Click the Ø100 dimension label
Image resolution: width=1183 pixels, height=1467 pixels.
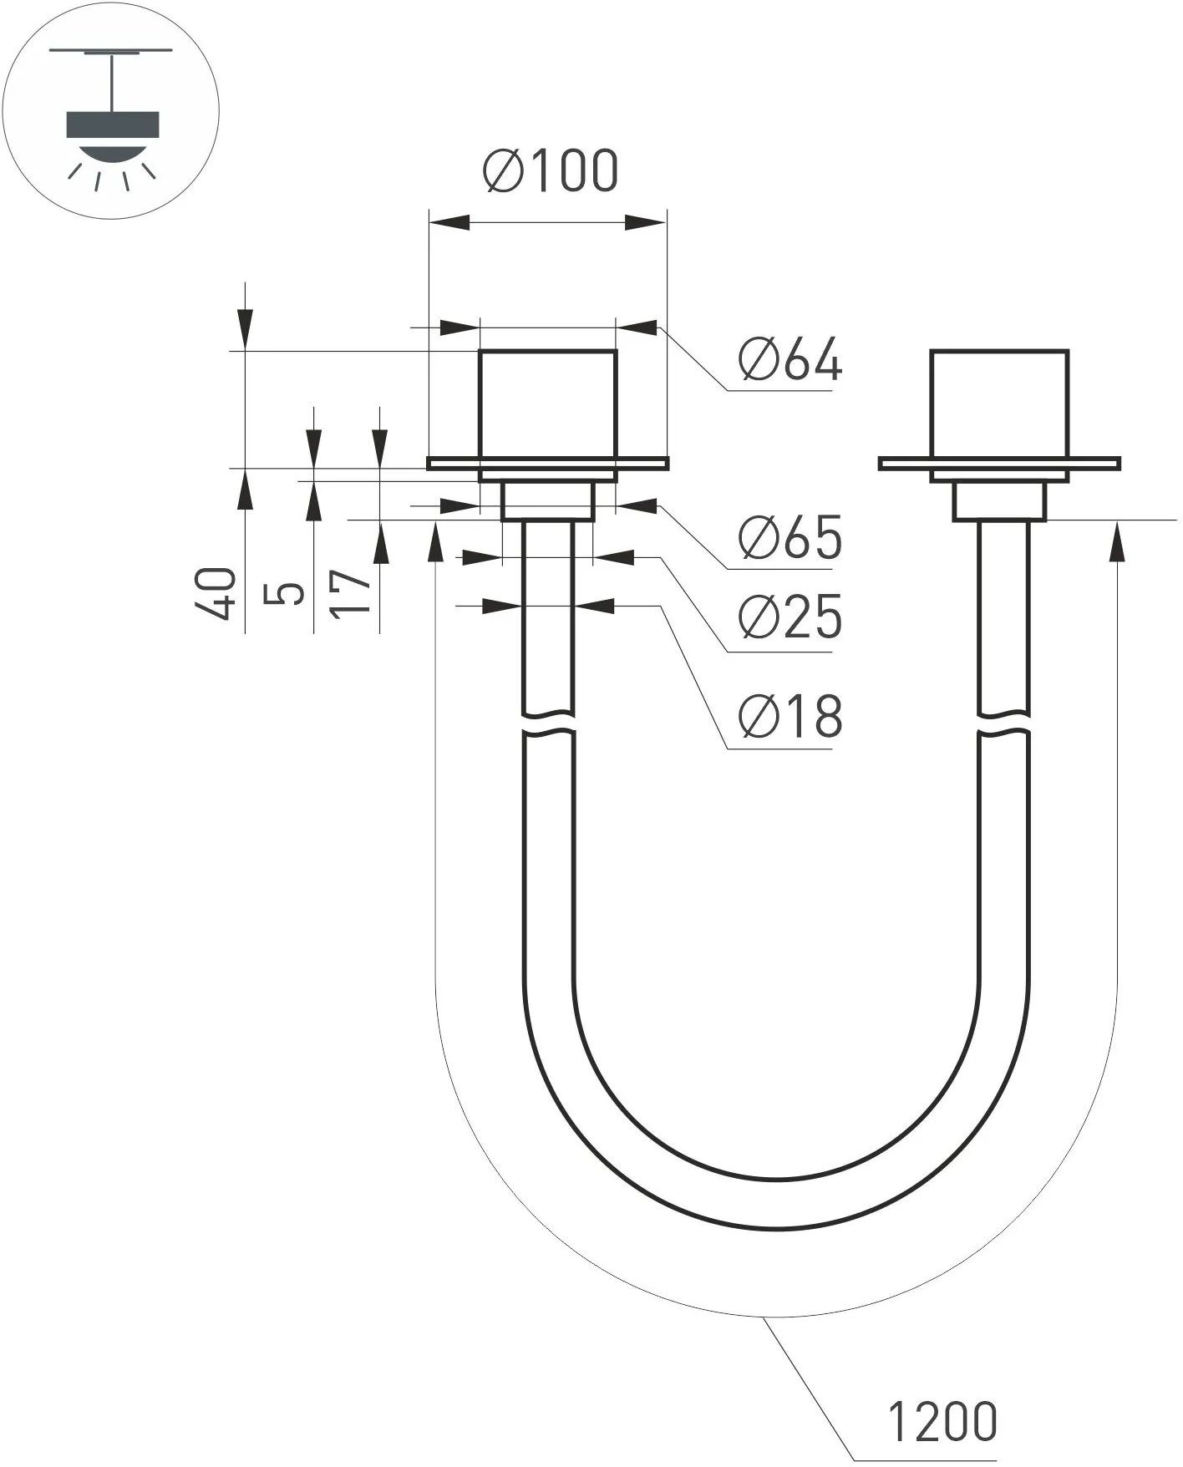(x=551, y=171)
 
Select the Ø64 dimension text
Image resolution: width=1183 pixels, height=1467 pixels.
(x=790, y=361)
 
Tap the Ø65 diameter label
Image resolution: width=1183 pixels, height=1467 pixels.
(x=790, y=538)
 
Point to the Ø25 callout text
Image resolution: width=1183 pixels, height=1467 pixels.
(x=790, y=618)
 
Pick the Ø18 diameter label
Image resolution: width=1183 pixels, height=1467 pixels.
(x=790, y=717)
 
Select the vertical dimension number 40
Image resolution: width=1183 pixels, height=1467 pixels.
(x=216, y=593)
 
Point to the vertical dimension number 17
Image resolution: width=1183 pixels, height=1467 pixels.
(x=351, y=593)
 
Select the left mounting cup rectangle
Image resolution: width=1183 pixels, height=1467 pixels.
(x=548, y=404)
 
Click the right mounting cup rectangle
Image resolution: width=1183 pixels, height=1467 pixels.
(x=999, y=404)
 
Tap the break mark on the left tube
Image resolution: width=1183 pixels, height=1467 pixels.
(x=548, y=723)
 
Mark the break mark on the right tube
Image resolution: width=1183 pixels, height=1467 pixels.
(x=1003, y=723)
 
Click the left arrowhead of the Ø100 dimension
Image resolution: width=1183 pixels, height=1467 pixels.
(x=448, y=222)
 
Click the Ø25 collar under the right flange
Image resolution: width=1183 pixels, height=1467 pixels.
(x=999, y=501)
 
